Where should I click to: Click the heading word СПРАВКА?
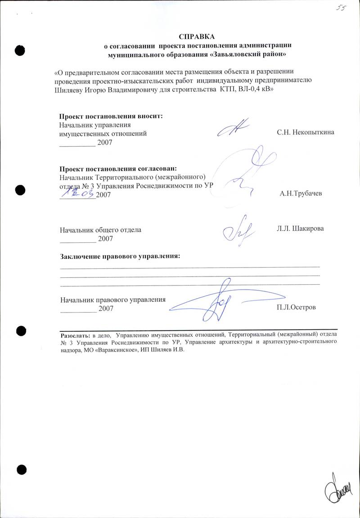click(197, 36)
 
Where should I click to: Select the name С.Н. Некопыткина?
click(306, 133)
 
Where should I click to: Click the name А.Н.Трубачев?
click(301, 194)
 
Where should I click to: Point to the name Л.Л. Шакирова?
click(300, 228)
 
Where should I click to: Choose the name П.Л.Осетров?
click(297, 308)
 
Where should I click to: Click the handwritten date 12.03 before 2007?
click(77, 193)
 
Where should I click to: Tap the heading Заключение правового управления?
click(120, 256)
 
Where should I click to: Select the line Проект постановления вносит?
click(111, 116)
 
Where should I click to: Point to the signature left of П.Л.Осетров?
click(216, 301)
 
